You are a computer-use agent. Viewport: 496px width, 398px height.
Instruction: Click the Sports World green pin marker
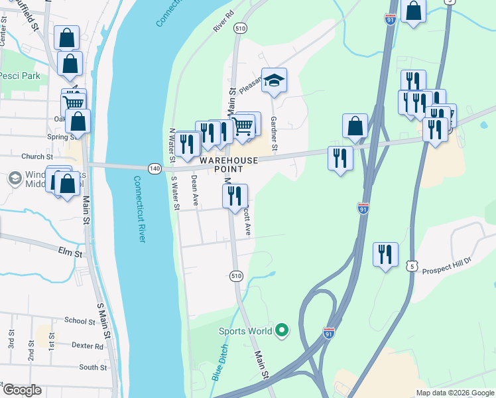[x=282, y=330]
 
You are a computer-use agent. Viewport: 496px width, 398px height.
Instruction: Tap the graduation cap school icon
[x=274, y=80]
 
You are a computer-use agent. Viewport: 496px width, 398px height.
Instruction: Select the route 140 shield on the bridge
[x=155, y=168]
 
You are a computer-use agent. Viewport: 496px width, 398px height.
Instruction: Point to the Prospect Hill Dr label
[x=446, y=260]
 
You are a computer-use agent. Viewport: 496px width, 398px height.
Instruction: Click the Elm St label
[x=70, y=253]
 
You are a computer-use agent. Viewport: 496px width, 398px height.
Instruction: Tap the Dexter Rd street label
[x=88, y=346]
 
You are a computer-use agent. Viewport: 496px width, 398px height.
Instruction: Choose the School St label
[x=80, y=320]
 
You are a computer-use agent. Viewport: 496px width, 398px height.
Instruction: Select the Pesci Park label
[x=20, y=76]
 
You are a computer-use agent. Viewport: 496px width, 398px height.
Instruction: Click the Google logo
[x=21, y=390]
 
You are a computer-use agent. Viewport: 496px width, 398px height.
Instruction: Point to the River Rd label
[x=225, y=21]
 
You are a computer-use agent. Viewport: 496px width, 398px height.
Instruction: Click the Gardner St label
[x=275, y=130]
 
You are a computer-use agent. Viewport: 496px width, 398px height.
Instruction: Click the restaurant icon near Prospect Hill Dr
[x=385, y=254]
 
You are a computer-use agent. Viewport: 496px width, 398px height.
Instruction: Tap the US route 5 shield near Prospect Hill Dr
[x=412, y=265]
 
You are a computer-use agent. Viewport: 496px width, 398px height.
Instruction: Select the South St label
[x=92, y=367]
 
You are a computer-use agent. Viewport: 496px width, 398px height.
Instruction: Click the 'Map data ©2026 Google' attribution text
[x=454, y=393]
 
